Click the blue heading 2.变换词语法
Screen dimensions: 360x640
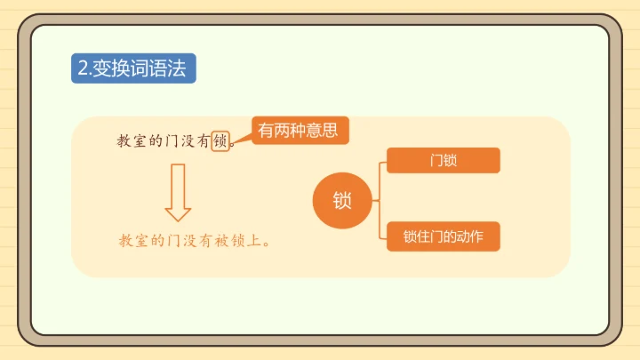pos(132,68)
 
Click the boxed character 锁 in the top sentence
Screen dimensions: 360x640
pos(221,140)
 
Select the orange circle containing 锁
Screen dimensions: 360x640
pos(342,200)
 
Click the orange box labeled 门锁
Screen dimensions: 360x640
pos(443,161)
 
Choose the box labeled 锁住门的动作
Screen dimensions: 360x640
pos(443,237)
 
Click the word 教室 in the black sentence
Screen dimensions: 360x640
pos(132,140)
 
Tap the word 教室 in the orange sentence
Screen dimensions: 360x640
pos(132,240)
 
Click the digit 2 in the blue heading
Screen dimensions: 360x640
pos(83,68)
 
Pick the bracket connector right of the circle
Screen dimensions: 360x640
pos(380,200)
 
